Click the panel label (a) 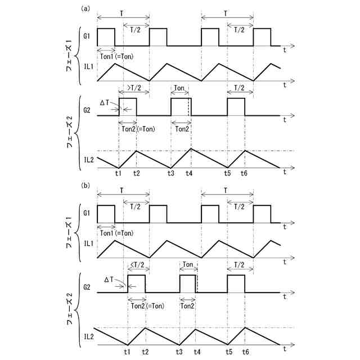click(x=85, y=8)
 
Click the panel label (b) click(x=85, y=183)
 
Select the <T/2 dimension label click(x=137, y=265)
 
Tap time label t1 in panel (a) click(x=118, y=173)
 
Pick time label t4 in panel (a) click(x=190, y=173)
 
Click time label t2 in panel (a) click(x=137, y=173)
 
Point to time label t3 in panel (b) click(x=179, y=350)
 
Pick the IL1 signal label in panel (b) click(x=88, y=243)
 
